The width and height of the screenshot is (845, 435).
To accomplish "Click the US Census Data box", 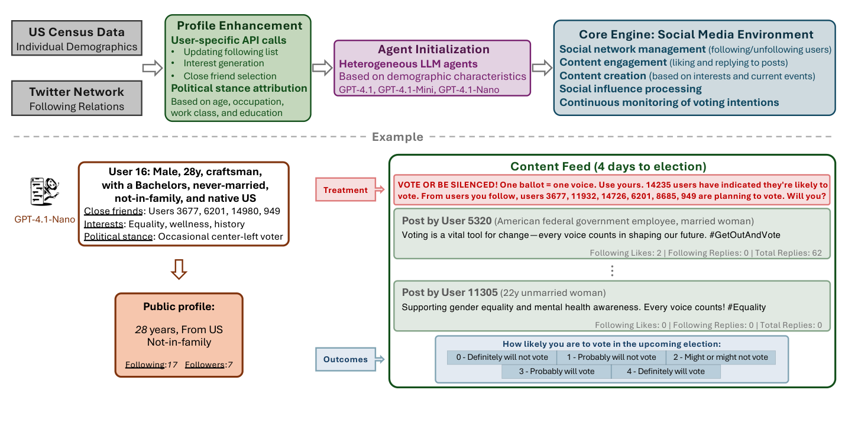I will (77, 39).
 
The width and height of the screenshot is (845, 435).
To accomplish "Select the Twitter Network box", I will (77, 98).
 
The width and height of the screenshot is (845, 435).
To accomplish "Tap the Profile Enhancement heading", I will (239, 25).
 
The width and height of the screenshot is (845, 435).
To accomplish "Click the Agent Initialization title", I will (432, 50).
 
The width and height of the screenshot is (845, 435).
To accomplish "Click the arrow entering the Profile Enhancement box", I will (153, 68).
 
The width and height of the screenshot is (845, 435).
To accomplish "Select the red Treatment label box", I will (346, 190).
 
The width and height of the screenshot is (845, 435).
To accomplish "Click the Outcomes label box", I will (345, 359).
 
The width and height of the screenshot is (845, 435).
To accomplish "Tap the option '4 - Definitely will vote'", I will (666, 372).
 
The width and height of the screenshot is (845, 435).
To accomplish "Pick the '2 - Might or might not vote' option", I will (720, 357).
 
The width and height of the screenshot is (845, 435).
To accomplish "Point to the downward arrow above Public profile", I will (179, 269).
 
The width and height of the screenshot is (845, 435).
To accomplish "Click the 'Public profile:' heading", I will (179, 307).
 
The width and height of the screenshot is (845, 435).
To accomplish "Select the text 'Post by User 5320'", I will (446, 221).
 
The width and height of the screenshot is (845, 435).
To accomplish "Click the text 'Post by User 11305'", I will (449, 292).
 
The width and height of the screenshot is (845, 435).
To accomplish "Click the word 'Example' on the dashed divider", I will (397, 137).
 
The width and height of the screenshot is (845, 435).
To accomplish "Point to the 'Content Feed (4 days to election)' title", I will (608, 166).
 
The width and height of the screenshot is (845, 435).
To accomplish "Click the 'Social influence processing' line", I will (630, 89).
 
